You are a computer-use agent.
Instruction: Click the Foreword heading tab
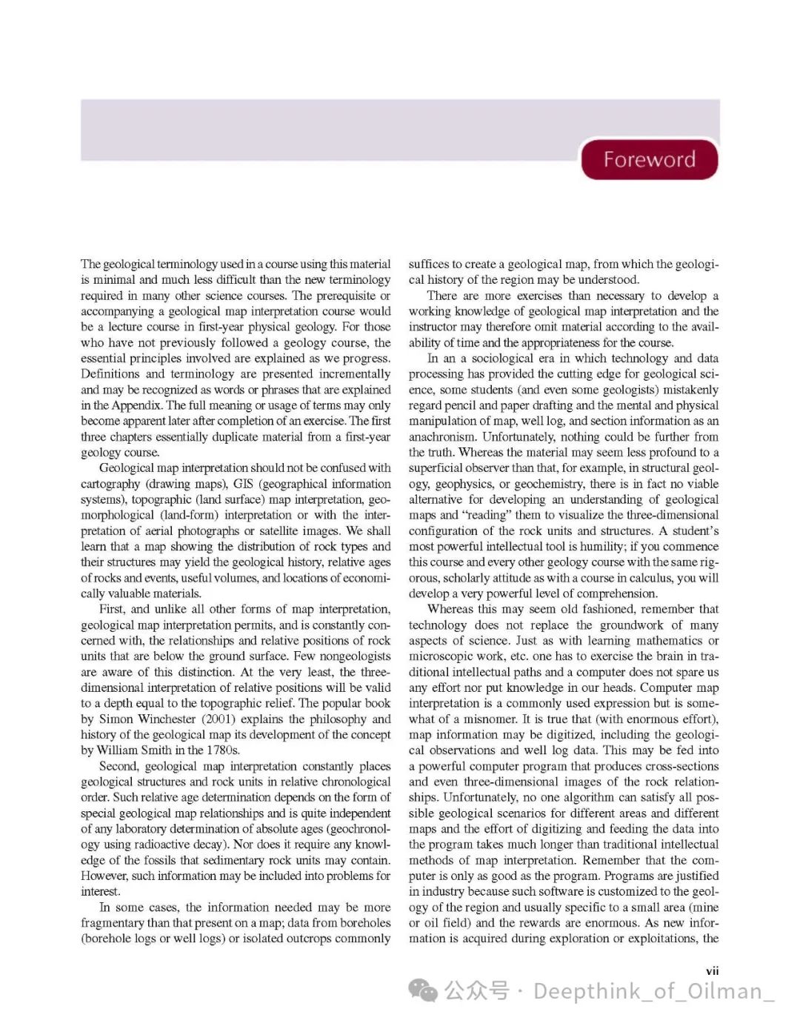[x=649, y=159]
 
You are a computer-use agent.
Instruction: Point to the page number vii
[x=712, y=970]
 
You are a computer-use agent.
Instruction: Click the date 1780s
[x=222, y=750]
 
